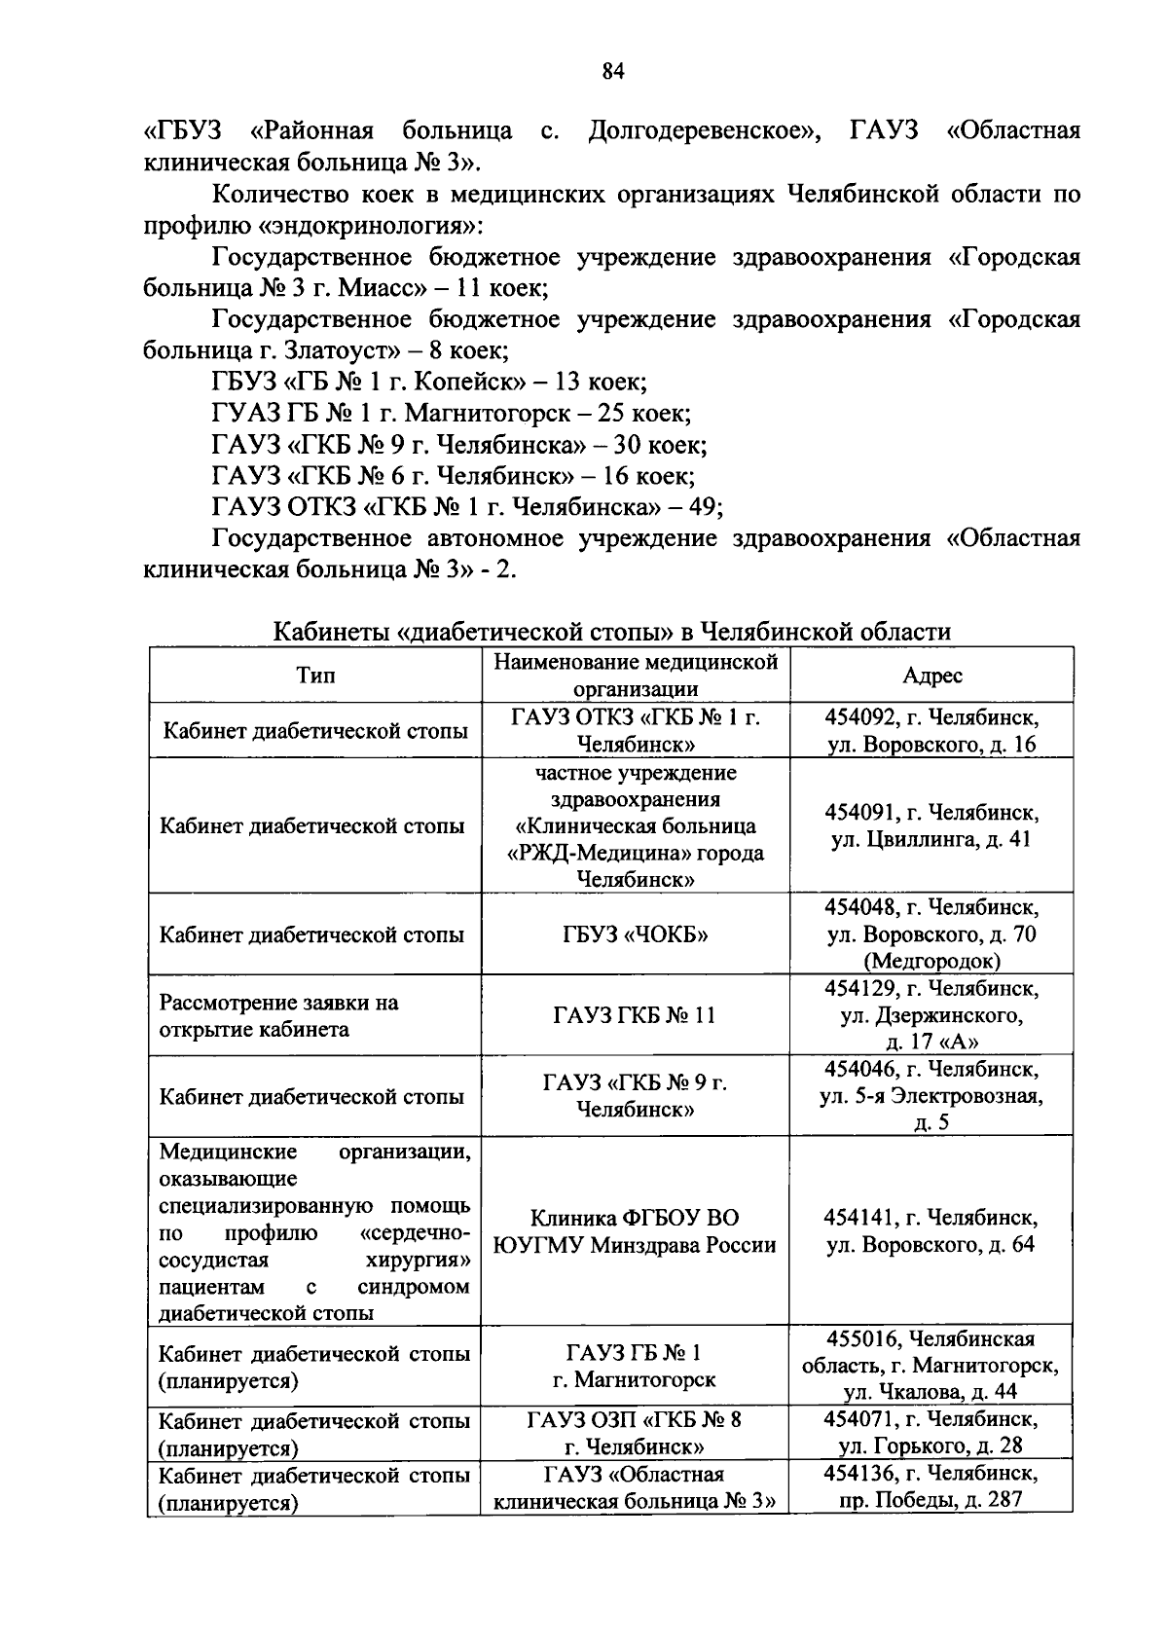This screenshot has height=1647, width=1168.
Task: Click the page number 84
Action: pyautogui.click(x=612, y=71)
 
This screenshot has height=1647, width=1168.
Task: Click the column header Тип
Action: pyautogui.click(x=315, y=676)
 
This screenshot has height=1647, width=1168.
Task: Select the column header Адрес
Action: pyautogui.click(x=931, y=676)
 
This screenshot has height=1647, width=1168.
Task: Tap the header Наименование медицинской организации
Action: pyautogui.click(x=636, y=676)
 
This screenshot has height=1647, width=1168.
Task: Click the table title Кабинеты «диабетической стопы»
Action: pyautogui.click(x=611, y=632)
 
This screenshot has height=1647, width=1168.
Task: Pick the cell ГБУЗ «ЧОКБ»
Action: pyautogui.click(x=636, y=935)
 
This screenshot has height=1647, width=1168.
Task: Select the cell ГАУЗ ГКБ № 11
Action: pyautogui.click(x=635, y=1015)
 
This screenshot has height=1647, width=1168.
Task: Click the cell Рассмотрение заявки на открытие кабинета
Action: pyautogui.click(x=279, y=1015)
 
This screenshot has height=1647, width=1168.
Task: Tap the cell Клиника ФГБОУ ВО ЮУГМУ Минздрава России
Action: pyautogui.click(x=635, y=1231)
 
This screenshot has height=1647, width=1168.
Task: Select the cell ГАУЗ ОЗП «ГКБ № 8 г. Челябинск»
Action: pyautogui.click(x=635, y=1432)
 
